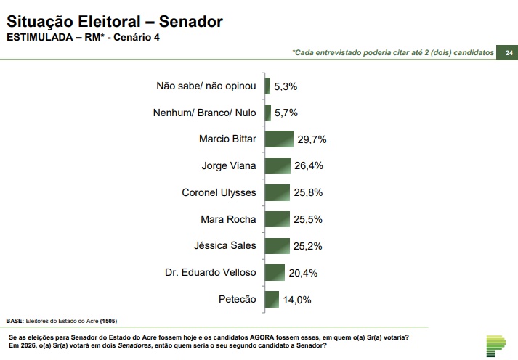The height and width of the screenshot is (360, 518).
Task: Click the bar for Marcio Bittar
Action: [x=279, y=139]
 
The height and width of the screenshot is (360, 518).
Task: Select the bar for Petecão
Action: [x=272, y=299]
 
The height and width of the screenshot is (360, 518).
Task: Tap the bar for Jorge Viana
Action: [x=278, y=165]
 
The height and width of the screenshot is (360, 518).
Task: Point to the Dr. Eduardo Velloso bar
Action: [x=275, y=272]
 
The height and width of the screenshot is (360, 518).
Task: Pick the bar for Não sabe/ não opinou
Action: [x=267, y=86]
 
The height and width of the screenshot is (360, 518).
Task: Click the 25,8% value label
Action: [x=309, y=192]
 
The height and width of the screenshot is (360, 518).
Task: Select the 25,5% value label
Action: [x=308, y=219]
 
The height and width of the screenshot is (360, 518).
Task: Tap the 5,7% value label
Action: [x=286, y=112]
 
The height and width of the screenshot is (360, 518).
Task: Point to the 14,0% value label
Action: [x=296, y=299]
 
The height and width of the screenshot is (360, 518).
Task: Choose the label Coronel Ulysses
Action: [x=219, y=192]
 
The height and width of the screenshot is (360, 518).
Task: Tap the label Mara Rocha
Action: [x=229, y=218]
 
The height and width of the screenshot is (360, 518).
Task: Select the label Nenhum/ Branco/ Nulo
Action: [x=206, y=112]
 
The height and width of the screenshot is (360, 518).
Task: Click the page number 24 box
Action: [x=509, y=53]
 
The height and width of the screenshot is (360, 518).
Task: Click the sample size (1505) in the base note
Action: [x=108, y=321]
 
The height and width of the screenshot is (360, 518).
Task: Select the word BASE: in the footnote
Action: [x=15, y=321]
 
